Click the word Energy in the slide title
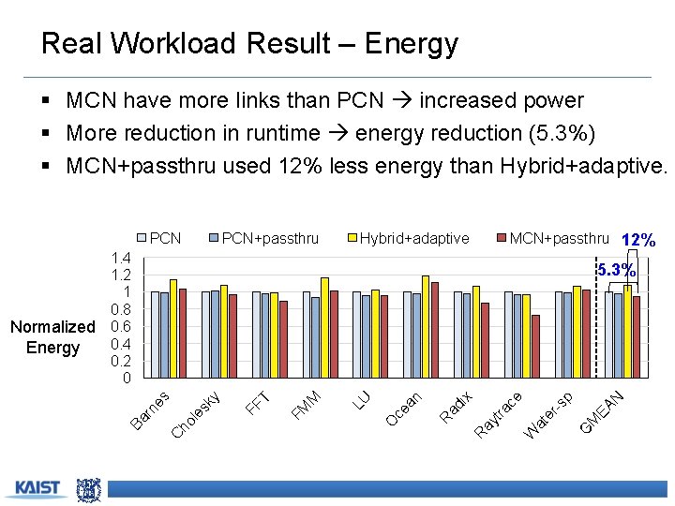click(x=412, y=44)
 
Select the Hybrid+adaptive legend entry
click(x=407, y=238)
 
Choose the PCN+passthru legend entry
click(x=262, y=238)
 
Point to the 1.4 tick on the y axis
click(x=120, y=258)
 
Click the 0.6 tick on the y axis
click(x=120, y=327)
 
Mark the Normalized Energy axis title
click(x=52, y=337)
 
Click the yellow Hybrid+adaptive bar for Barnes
click(x=173, y=329)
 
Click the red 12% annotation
click(x=638, y=240)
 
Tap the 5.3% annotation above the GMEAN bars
click(x=617, y=271)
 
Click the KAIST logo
click(x=37, y=488)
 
